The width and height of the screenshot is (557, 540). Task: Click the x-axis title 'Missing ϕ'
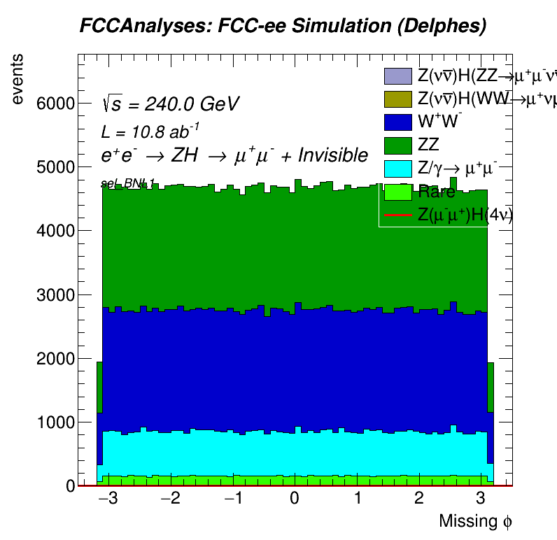(x=476, y=521)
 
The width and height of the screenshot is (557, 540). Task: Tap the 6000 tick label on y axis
(x=56, y=104)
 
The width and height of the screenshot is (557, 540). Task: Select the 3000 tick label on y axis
(x=56, y=295)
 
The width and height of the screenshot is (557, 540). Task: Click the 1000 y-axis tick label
(x=56, y=422)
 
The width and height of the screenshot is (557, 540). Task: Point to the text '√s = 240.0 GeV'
(x=170, y=104)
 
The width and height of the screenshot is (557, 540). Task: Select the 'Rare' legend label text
(x=437, y=192)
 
